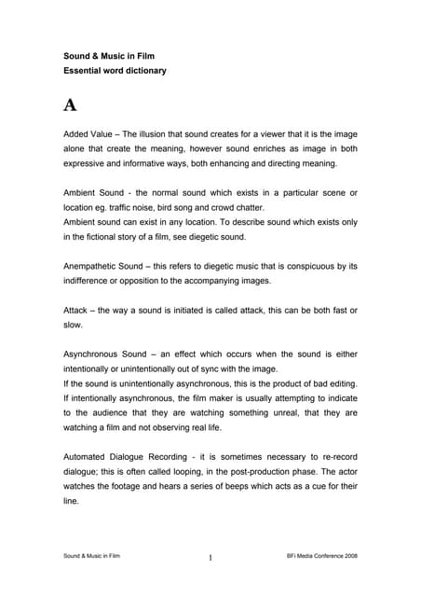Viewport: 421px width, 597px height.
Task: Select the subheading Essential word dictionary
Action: tap(113, 71)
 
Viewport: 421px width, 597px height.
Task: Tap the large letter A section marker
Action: tap(70, 104)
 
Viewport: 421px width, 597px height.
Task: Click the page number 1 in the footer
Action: tap(210, 558)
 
